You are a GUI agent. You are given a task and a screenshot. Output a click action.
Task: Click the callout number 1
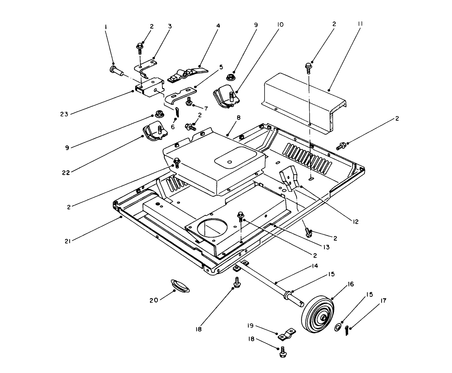pos(106,27)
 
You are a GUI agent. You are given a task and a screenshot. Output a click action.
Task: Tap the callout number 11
pos(360,23)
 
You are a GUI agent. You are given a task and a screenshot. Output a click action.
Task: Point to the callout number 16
pos(351,284)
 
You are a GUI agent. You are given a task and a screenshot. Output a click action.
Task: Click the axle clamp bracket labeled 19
pos(287,334)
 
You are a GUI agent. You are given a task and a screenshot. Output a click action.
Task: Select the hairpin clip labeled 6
pos(178,112)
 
